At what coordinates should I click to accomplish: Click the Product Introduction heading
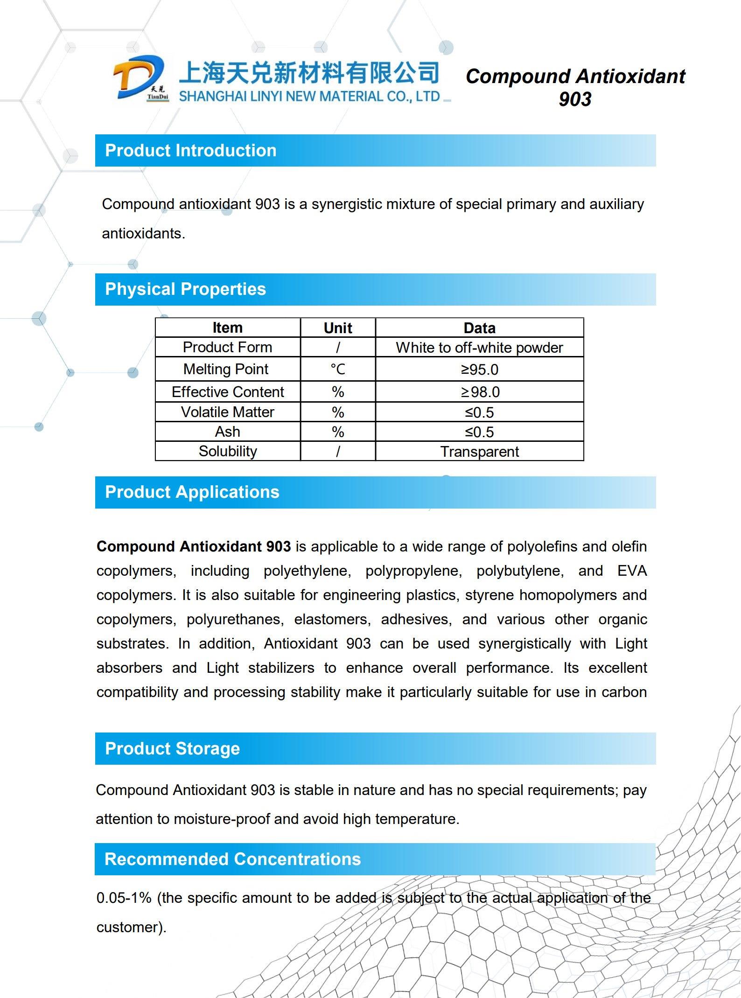190,151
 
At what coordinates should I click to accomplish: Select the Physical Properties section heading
185,289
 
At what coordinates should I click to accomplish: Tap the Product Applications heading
192,492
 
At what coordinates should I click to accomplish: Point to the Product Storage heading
172,749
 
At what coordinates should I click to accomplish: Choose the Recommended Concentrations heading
232,859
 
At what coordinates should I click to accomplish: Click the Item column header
227,328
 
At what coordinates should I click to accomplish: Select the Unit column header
338,328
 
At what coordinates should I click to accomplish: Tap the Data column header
479,328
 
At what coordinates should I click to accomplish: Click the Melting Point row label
226,370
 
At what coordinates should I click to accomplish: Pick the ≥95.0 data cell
479,370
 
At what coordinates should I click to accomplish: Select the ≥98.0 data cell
480,392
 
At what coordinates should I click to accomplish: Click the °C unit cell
338,370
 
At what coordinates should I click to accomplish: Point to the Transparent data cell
479,452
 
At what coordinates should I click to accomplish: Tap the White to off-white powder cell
479,348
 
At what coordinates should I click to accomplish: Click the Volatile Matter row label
227,412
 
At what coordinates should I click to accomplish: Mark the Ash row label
227,432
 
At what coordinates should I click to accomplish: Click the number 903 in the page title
575,99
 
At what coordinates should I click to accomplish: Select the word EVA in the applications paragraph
632,571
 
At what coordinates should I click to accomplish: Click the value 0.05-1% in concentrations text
124,898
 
